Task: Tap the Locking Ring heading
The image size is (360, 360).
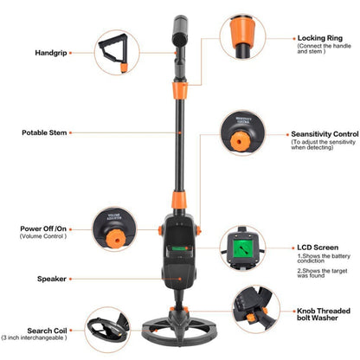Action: click(x=319, y=38)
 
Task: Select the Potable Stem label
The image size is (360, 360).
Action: click(x=45, y=133)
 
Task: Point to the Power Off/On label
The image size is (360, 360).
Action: click(x=43, y=228)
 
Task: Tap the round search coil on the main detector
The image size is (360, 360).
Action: click(x=181, y=332)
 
